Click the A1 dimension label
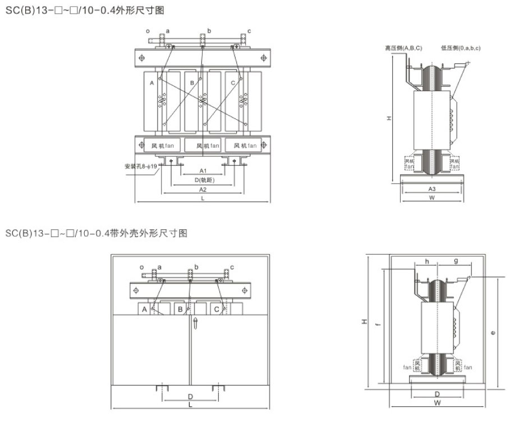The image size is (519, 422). coord(203,170)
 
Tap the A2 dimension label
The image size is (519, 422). coord(203,189)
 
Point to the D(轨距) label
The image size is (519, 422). coord(203,180)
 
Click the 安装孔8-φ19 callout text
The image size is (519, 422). coord(142,166)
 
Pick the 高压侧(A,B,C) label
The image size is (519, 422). coord(403,48)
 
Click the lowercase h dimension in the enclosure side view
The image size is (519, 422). coord(427,261)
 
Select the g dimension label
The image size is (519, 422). coord(455,261)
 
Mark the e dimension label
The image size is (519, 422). coord(493,332)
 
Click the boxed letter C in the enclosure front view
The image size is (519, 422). coord(215,309)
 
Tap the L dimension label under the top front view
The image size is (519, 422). coord(203,198)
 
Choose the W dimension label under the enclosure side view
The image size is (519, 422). coord(436,403)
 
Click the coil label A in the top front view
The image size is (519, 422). coord(151,83)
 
